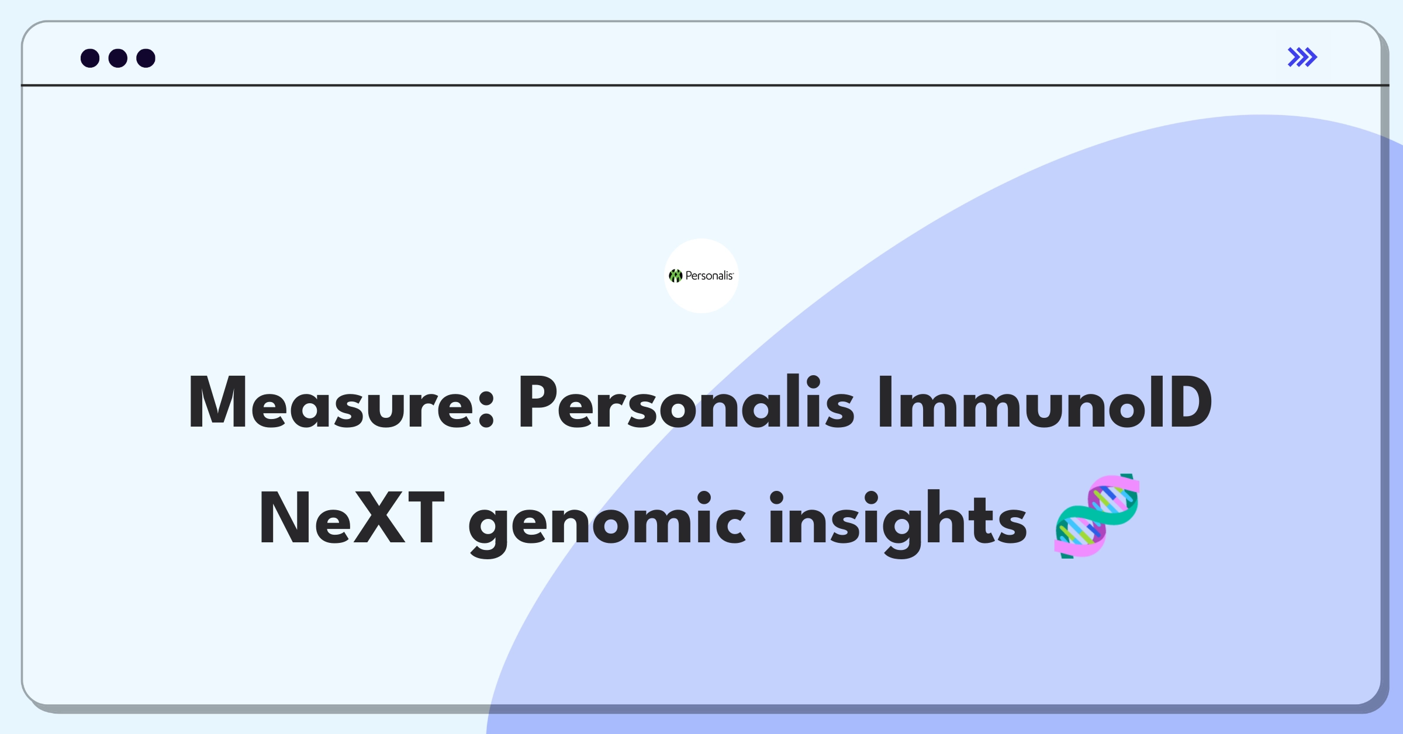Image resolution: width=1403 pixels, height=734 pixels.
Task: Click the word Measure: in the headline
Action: [341, 403]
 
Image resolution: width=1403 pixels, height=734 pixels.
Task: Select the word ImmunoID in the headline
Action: [1045, 403]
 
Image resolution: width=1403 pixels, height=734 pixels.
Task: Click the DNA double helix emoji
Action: [1097, 516]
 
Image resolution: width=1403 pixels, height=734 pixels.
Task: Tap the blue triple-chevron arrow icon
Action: [1302, 57]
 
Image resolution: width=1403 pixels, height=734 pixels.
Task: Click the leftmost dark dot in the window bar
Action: [90, 58]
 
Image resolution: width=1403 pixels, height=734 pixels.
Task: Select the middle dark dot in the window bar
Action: [118, 58]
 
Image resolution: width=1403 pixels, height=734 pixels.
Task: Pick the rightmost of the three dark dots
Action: [146, 58]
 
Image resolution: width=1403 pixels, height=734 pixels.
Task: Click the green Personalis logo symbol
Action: [676, 276]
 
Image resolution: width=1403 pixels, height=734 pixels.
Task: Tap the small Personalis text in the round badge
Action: [709, 276]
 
